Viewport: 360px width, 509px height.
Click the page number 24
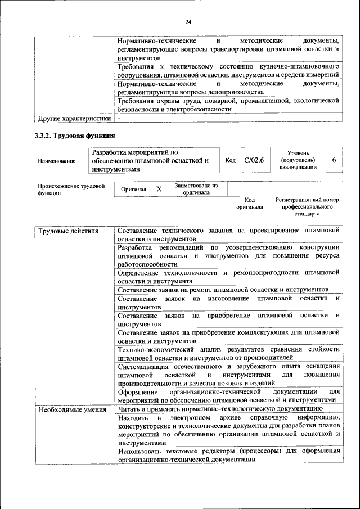tap(188, 22)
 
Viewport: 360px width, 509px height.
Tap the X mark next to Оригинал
tap(159, 190)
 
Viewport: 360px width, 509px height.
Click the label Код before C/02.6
tap(230, 160)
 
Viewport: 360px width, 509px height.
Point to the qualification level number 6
tap(334, 160)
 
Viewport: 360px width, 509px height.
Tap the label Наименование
tap(57, 161)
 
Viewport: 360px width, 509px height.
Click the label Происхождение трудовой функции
tap(71, 189)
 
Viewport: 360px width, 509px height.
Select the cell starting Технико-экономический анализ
tap(228, 353)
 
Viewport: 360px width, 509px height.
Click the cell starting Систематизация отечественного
tap(228, 375)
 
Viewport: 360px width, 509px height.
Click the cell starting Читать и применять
tap(220, 409)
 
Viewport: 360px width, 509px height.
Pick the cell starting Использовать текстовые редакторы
tap(228, 454)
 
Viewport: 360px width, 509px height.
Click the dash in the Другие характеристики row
tap(119, 119)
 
